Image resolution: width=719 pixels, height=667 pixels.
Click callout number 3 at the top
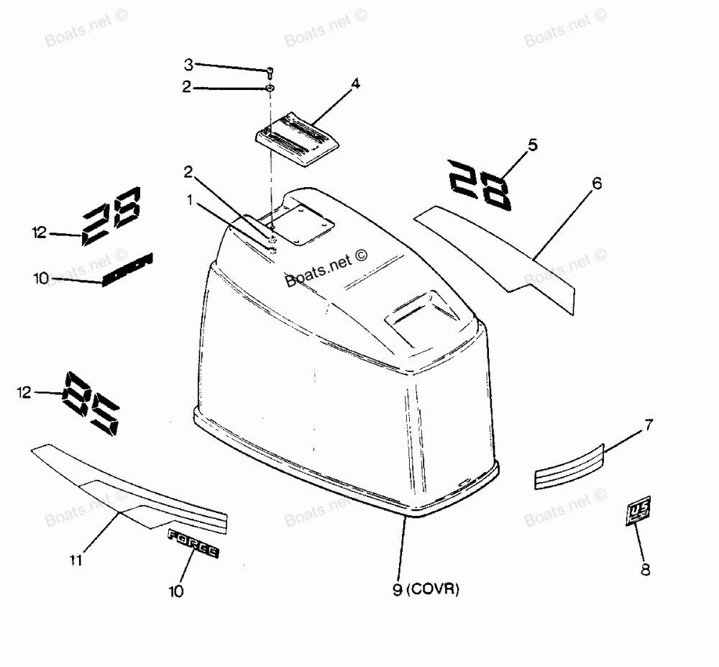click(x=188, y=65)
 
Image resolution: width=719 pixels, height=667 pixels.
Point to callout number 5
click(x=532, y=145)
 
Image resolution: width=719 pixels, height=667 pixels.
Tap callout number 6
click(x=597, y=183)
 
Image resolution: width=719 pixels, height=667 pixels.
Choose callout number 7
click(x=648, y=425)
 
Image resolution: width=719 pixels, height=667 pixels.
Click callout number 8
click(x=645, y=570)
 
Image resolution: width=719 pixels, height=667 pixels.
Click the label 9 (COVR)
click(x=426, y=590)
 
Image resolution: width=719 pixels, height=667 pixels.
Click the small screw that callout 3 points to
click(x=270, y=72)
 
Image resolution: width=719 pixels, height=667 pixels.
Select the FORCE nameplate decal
click(x=193, y=543)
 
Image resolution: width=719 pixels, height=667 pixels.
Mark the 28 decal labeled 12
click(x=112, y=214)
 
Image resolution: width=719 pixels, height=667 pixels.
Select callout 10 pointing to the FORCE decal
click(x=176, y=591)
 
